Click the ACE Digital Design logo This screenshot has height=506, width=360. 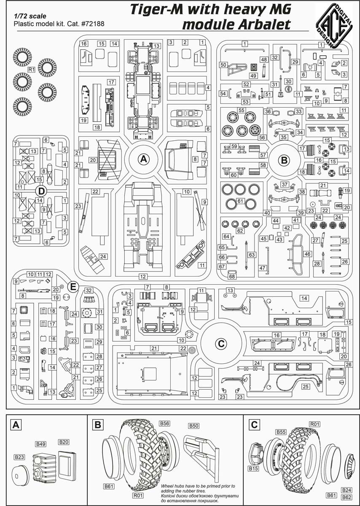tap(334, 26)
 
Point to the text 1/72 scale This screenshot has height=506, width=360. tap(30, 16)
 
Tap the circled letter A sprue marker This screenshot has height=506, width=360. tap(143, 159)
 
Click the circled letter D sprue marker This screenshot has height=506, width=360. tap(41, 191)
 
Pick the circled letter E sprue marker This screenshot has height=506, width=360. tap(73, 287)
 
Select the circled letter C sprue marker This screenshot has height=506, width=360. tap(221, 344)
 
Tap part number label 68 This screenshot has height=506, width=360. tap(232, 276)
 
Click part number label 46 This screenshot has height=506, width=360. tap(307, 254)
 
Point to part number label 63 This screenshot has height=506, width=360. tap(252, 255)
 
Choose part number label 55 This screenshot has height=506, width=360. tap(242, 110)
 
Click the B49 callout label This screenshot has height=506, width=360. tap(41, 444)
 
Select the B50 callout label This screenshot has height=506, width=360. tap(194, 426)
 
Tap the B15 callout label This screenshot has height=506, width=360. tap(253, 468)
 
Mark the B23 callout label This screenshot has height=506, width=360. tap(19, 457)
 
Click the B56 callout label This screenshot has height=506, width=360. tap(164, 423)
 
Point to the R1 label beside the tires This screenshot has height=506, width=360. tap(31, 70)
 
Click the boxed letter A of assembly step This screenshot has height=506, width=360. tap(16, 425)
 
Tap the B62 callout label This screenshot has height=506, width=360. tap(347, 497)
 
